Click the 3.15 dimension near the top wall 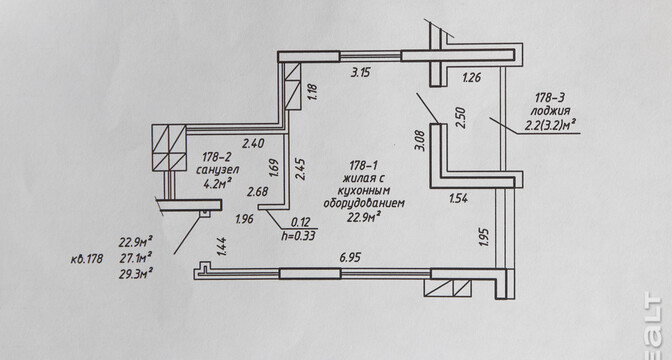360,72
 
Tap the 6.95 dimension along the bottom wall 350,258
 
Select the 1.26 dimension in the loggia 471,78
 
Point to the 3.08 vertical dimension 421,141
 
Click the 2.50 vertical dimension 460,117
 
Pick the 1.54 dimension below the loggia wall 458,198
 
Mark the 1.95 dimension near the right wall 484,237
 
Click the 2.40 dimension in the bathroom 253,143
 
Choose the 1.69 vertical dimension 274,168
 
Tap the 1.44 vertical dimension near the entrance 222,247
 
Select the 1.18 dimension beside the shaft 312,92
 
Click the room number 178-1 363,165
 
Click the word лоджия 550,111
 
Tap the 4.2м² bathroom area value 218,184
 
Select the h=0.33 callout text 299,235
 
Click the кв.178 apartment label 87,259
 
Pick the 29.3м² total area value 136,273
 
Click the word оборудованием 364,204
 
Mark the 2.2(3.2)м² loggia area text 550,126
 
